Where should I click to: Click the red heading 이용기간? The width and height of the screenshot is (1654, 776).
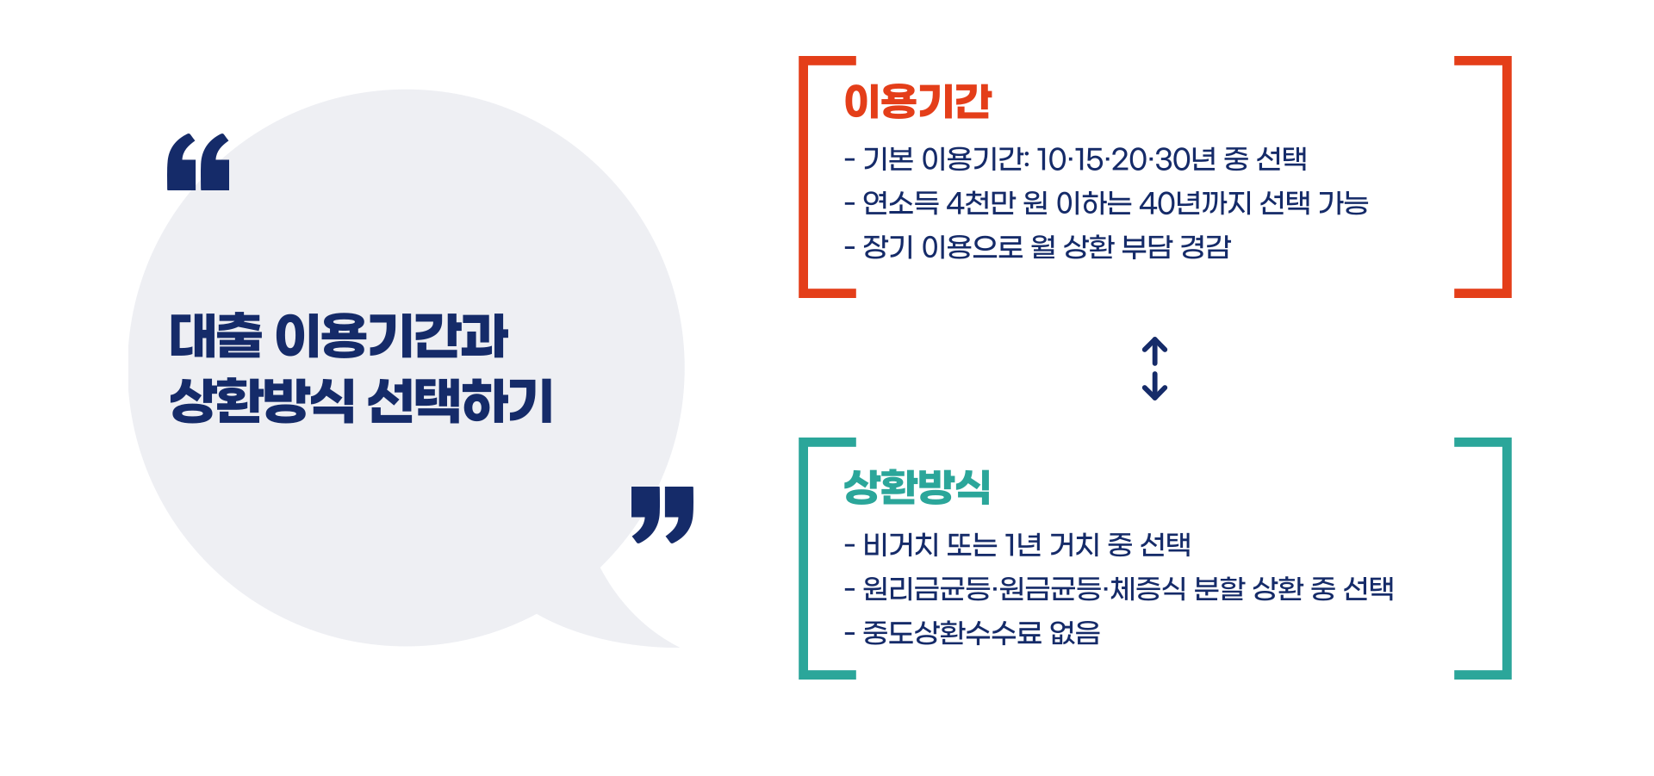(x=917, y=102)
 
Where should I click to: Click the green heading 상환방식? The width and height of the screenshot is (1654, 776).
(x=917, y=487)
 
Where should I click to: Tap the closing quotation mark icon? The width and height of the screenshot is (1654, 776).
(x=662, y=514)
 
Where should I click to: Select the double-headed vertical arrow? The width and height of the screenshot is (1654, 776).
(x=1154, y=369)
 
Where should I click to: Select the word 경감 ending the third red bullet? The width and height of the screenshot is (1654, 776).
(x=1204, y=247)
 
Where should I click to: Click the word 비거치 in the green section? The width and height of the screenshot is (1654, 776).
(x=900, y=544)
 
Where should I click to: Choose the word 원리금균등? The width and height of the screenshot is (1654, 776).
(x=926, y=589)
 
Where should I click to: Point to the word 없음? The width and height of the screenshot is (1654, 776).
(x=1074, y=634)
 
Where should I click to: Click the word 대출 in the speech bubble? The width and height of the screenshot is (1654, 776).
(x=215, y=336)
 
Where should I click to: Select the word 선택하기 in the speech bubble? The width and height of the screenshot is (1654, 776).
(x=460, y=401)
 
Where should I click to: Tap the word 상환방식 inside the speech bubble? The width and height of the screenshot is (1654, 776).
(x=261, y=401)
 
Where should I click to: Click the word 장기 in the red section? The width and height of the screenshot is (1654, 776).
(x=887, y=247)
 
